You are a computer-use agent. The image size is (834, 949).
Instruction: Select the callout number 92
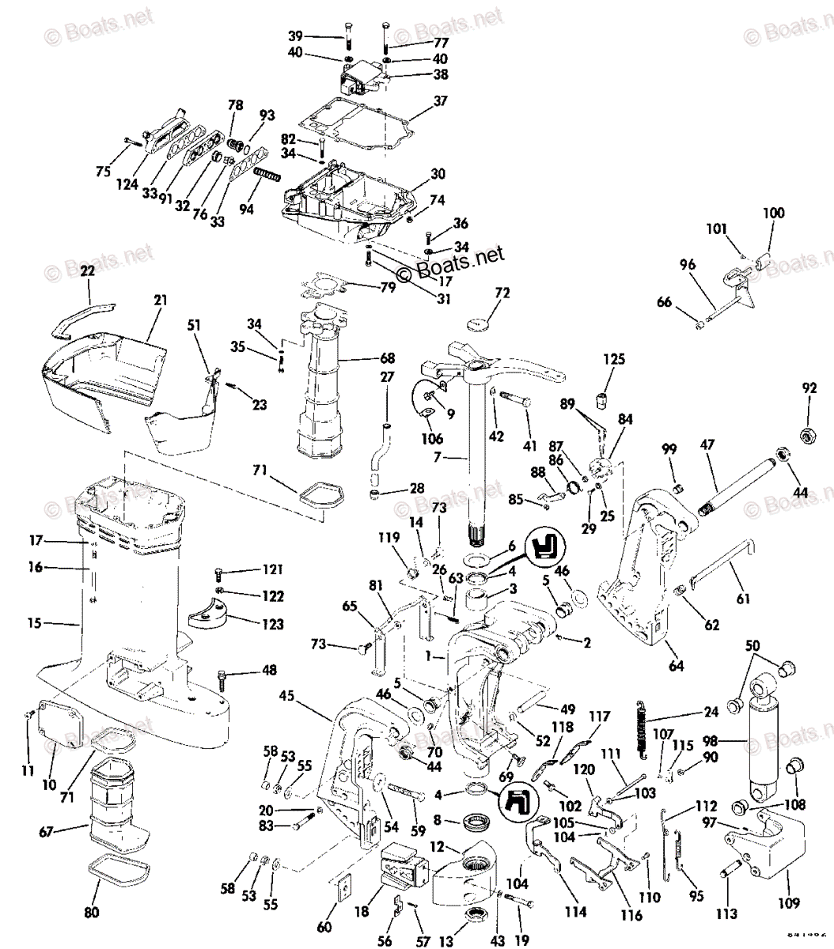point(809,388)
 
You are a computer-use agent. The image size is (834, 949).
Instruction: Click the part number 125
point(614,360)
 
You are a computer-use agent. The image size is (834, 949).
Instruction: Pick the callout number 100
point(774,213)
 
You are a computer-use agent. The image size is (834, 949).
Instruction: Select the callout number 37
point(439,101)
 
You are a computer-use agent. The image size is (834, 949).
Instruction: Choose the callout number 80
point(92,913)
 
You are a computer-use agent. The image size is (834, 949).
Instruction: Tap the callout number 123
point(272,625)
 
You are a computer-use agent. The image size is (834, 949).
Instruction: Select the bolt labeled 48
point(223,675)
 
